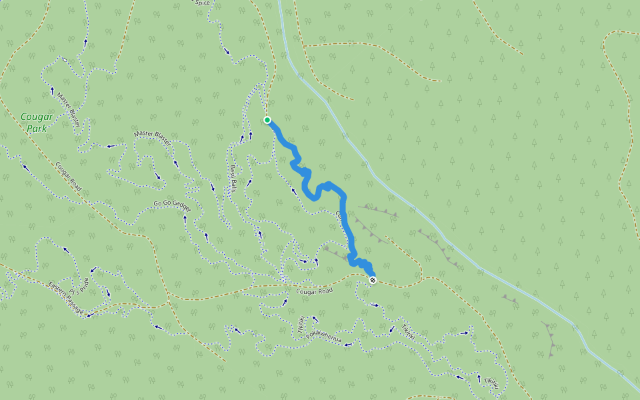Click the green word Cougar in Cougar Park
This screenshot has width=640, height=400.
click(x=37, y=117)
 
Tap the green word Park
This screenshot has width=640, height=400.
click(x=37, y=129)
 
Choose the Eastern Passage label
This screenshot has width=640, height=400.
click(x=65, y=300)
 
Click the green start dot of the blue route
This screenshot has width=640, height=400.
click(x=267, y=120)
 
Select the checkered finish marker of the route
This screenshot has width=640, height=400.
click(x=373, y=280)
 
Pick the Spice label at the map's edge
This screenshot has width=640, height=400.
click(x=202, y=3)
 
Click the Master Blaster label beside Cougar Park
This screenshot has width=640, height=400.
click(x=69, y=110)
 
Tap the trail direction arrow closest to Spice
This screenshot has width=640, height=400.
click(x=227, y=51)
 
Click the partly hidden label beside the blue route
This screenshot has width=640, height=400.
click(x=338, y=215)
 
